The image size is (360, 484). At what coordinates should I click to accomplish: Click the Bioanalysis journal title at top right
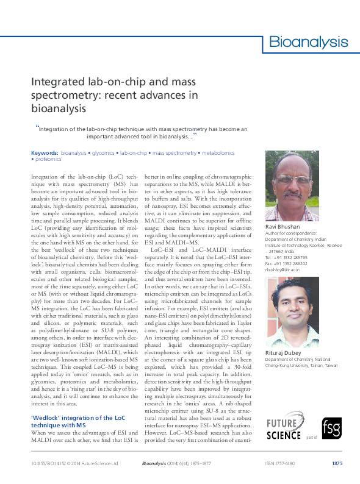(309, 42)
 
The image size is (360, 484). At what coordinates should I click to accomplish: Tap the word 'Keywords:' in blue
(45, 152)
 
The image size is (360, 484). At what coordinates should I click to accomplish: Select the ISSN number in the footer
(280, 464)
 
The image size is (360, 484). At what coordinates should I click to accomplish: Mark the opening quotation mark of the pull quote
(37, 127)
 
